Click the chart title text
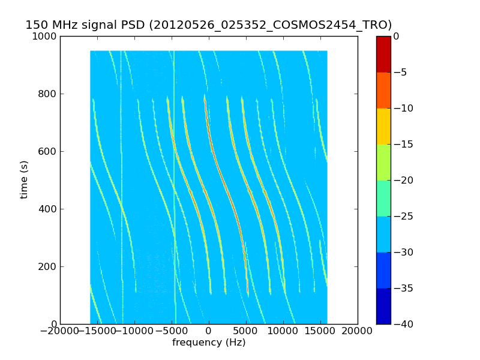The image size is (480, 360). click(208, 25)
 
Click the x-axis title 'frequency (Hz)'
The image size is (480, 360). click(209, 343)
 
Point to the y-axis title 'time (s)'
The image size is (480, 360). click(25, 179)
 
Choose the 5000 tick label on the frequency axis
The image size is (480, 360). click(246, 331)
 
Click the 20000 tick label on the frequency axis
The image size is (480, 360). click(358, 331)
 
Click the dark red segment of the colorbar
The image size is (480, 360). click(383, 54)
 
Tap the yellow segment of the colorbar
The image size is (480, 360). click(383, 126)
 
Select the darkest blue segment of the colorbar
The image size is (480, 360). click(383, 306)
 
